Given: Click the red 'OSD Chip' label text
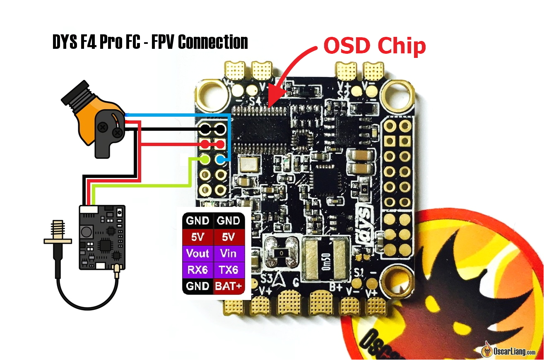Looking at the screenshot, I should point(375,46).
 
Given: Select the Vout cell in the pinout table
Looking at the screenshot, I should point(197,253).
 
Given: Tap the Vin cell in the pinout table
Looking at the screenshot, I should point(229,253).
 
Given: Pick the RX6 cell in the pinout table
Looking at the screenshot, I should point(197,270).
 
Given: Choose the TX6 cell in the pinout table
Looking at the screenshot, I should point(229,270).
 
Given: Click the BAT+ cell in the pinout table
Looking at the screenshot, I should point(229,286).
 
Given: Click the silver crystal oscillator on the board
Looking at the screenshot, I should point(250,164).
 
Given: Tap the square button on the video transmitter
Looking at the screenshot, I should point(87,232).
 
